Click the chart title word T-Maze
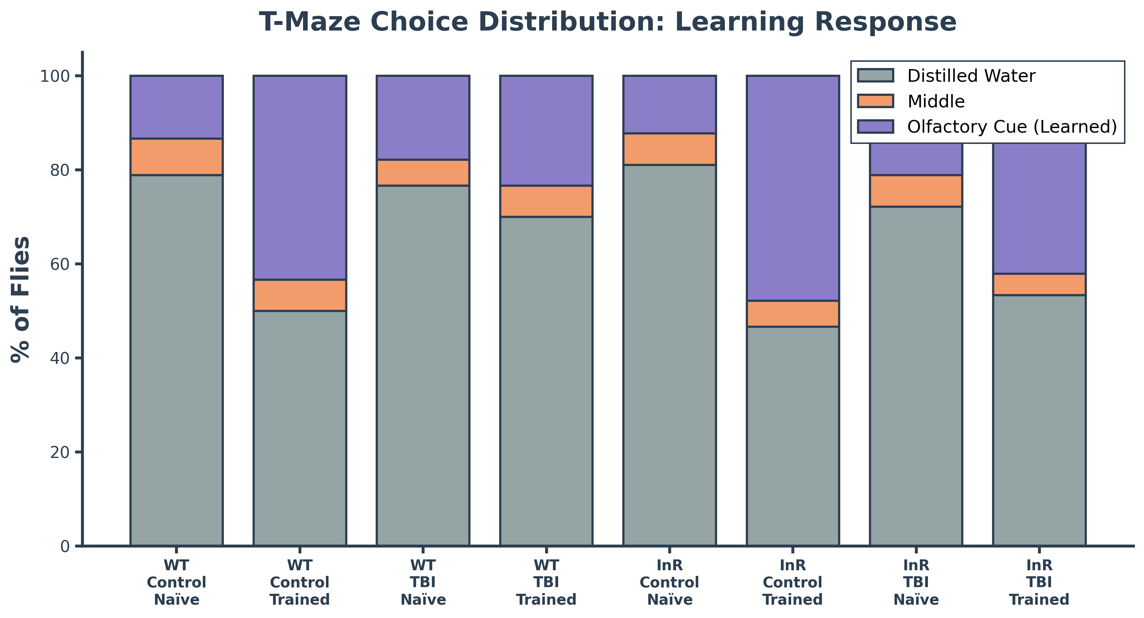point(309,22)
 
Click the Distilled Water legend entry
point(970,76)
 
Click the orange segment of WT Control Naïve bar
point(176,157)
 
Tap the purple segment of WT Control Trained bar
point(300,178)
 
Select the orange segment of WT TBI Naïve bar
point(423,172)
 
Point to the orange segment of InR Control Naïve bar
point(669,149)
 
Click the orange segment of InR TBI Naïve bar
point(916,191)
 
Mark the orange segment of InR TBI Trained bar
point(1039,284)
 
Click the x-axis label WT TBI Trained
point(546,583)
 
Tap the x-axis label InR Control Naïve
point(669,583)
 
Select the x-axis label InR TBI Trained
point(1039,583)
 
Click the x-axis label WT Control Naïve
point(176,583)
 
